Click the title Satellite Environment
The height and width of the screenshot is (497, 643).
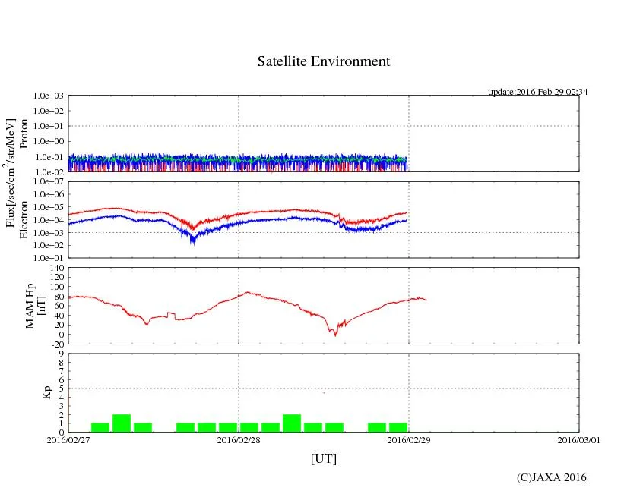coord(324,61)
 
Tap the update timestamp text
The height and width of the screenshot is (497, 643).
coord(537,92)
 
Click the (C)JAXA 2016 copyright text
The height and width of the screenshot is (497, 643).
coord(552,477)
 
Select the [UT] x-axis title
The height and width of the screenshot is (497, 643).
coord(323,458)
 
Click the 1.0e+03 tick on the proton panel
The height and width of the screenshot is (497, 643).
coord(49,96)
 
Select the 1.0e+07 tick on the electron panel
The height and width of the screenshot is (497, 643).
coord(49,182)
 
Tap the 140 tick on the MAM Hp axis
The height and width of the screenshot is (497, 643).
coord(55,268)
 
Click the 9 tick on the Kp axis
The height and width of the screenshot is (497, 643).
coord(59,353)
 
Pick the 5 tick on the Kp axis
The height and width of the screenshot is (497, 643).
coord(59,388)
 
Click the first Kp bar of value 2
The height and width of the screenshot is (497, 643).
coord(122,423)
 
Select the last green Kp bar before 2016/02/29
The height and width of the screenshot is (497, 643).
coord(398,427)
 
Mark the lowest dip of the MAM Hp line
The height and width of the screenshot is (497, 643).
coord(335,334)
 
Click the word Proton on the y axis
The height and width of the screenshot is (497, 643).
coord(24,134)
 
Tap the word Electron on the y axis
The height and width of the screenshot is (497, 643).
coord(24,219)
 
